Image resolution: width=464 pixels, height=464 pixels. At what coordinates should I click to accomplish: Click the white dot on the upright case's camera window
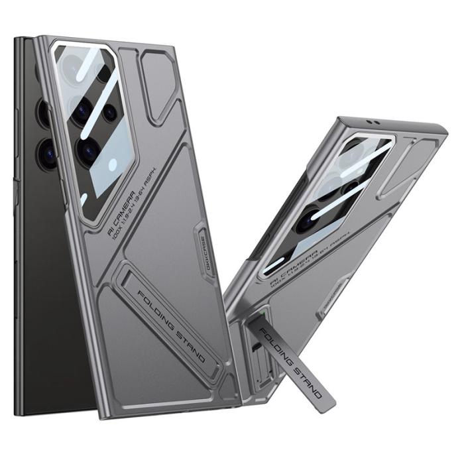[113, 164]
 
